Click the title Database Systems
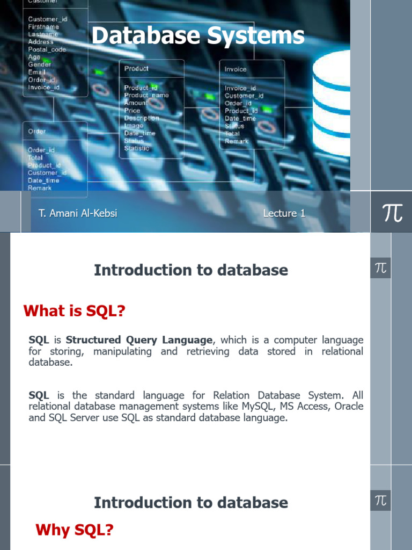point(197,37)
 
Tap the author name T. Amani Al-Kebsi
point(78,213)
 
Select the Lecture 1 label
point(284,213)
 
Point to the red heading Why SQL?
point(74,530)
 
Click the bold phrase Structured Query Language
point(139,340)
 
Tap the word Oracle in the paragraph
point(349,406)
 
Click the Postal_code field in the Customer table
point(47,49)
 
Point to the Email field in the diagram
point(36,72)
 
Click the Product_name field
point(146,95)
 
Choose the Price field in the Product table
point(132,110)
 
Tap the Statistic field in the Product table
point(137,148)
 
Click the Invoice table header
point(236,69)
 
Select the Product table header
point(136,68)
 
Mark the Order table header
point(37,131)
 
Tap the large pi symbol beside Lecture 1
point(392,213)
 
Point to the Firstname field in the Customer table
point(43,27)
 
